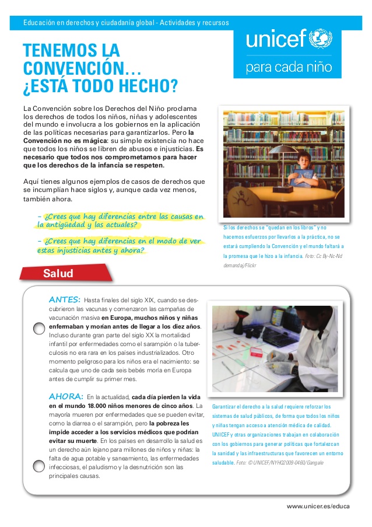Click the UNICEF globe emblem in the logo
tap(320, 39)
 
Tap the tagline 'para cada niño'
tap(289, 67)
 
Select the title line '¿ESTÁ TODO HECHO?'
tap(99, 86)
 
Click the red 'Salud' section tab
tap(58, 273)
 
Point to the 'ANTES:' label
tap(65, 299)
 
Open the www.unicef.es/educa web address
tap(318, 506)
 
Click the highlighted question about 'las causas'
tap(120, 221)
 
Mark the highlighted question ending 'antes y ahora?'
tap(120, 245)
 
